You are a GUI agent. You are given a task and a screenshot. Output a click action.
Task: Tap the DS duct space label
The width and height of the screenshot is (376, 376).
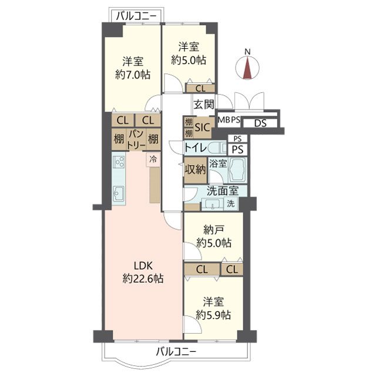pyautogui.click(x=260, y=123)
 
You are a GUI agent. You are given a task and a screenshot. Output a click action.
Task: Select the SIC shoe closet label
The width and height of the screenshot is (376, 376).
pyautogui.click(x=202, y=127)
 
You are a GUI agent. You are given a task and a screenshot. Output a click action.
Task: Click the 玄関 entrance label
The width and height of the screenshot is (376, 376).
pyautogui.click(x=204, y=105)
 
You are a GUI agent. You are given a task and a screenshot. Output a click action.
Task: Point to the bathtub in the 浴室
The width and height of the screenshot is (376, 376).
pyautogui.click(x=237, y=170)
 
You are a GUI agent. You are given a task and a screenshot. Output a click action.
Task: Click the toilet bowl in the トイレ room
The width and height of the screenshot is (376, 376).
pyautogui.click(x=217, y=148)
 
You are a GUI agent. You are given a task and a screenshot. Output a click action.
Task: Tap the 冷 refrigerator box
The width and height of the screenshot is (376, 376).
pyautogui.click(x=153, y=159)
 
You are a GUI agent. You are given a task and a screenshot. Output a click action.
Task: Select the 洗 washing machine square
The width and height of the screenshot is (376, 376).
pyautogui.click(x=231, y=204)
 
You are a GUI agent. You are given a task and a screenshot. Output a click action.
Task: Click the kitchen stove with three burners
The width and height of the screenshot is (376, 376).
pyautogui.click(x=119, y=162)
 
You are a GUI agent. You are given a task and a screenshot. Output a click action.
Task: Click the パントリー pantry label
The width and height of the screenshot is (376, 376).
pyautogui.click(x=136, y=140)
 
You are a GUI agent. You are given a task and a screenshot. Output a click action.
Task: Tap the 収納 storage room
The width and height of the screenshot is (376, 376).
pyautogui.click(x=195, y=170)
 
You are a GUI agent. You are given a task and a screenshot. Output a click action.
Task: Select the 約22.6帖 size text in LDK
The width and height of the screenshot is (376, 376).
pyautogui.click(x=143, y=278)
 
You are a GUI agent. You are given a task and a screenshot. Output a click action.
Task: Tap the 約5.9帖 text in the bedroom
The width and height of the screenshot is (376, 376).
pyautogui.click(x=213, y=315)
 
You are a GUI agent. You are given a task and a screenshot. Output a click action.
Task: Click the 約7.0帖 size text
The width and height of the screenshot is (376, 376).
pyautogui.click(x=133, y=75)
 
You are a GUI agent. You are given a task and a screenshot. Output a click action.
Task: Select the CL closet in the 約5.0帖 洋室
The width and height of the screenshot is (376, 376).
pyautogui.click(x=200, y=89)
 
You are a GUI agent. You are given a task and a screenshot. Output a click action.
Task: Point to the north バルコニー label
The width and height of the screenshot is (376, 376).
pyautogui.click(x=136, y=16)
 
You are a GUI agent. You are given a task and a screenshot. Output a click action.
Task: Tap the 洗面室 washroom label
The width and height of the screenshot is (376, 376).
pyautogui.click(x=223, y=191)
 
